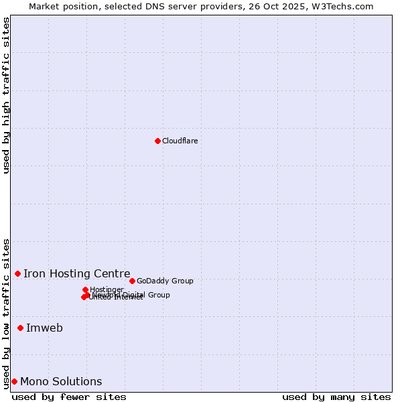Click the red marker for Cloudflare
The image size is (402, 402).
157,141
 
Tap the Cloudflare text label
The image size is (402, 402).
180,141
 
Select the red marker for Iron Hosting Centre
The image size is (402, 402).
17,273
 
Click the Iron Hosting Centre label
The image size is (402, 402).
76,273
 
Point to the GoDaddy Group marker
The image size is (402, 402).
132,281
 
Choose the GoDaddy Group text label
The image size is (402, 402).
165,281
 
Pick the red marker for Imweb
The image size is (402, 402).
20,328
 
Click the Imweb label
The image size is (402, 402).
44,328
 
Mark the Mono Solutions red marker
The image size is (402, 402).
14,381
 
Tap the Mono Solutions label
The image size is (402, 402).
61,381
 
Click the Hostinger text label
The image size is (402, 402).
107,289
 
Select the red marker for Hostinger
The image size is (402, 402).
85,289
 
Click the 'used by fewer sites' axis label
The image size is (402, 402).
69,397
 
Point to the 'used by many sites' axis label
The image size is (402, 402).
336,397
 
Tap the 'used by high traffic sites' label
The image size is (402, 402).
6,95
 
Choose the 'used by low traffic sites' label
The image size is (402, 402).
6,314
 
